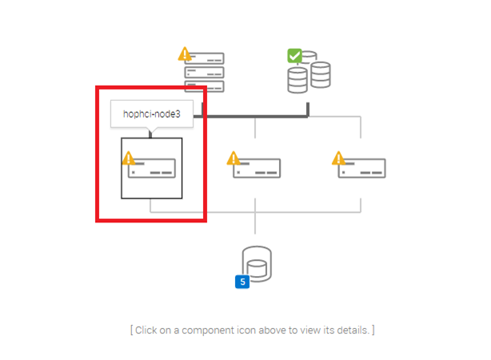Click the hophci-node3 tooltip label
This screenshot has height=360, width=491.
[x=152, y=114]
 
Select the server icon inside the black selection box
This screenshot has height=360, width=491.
[x=152, y=168]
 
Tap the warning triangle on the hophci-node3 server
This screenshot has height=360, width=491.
[x=128, y=158]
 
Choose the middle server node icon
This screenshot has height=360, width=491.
[x=257, y=168]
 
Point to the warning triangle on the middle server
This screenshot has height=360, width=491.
[x=234, y=158]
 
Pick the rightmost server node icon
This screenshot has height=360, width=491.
[x=362, y=168]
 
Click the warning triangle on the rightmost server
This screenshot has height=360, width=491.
[x=339, y=158]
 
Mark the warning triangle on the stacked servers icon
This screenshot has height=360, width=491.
[x=186, y=54]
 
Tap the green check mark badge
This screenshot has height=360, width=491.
[x=294, y=55]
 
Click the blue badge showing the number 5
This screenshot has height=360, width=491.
[x=242, y=282]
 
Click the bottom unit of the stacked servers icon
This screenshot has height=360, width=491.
[x=205, y=86]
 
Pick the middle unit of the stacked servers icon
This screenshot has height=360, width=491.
[x=205, y=73]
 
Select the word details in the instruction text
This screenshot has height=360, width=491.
[x=350, y=330]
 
